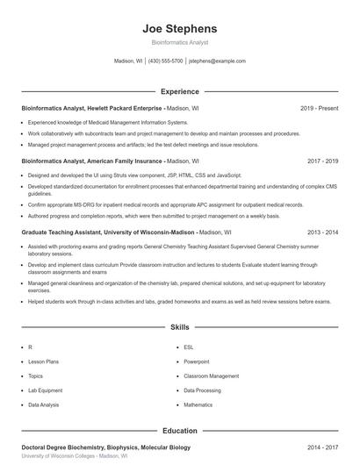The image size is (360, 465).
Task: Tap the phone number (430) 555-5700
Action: click(x=165, y=61)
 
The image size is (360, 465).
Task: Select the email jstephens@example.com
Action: click(x=217, y=61)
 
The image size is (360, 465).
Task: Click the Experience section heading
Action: click(x=180, y=91)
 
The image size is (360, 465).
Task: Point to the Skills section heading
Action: click(x=180, y=327)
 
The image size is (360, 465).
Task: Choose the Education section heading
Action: click(x=180, y=431)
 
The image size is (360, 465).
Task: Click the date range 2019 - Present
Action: click(x=319, y=108)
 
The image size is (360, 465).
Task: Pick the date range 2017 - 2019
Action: click(x=322, y=161)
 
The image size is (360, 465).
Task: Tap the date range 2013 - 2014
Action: click(x=322, y=232)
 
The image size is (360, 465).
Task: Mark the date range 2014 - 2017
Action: click(x=322, y=447)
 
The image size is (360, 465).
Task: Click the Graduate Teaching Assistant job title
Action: click(x=107, y=232)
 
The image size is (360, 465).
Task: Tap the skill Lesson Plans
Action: click(x=43, y=361)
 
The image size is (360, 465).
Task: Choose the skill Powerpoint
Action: click(x=197, y=361)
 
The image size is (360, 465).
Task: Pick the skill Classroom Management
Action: click(x=211, y=376)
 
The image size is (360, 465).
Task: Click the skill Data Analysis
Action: click(x=44, y=404)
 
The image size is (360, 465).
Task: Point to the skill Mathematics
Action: click(x=198, y=404)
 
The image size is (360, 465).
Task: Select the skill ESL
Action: click(x=189, y=347)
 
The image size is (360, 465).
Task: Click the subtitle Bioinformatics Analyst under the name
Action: click(x=180, y=42)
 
